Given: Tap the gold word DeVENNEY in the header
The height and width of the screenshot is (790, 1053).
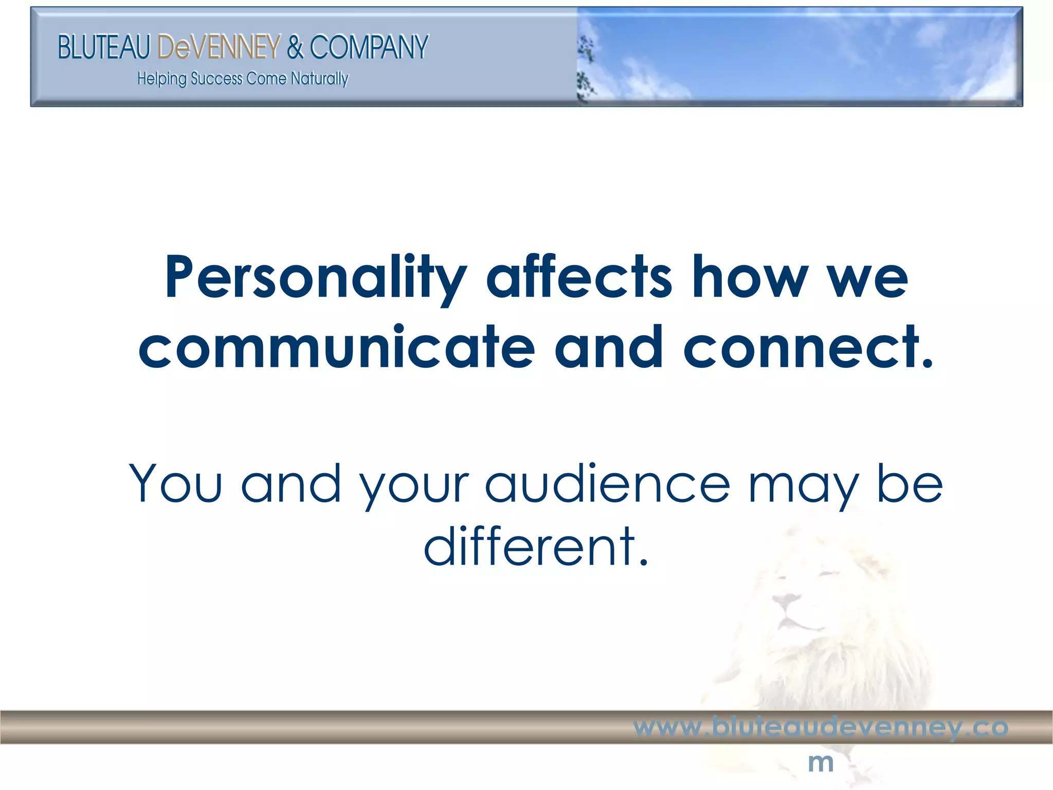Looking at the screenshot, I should pyautogui.click(x=219, y=47).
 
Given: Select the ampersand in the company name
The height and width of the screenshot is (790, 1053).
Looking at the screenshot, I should pyautogui.click(x=295, y=47).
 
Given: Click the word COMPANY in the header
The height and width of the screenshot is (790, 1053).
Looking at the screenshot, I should pyautogui.click(x=369, y=47).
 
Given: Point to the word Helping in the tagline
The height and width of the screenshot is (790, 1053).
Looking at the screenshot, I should pyautogui.click(x=161, y=79).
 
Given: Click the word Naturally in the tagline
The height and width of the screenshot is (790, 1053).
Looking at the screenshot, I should pyautogui.click(x=319, y=79).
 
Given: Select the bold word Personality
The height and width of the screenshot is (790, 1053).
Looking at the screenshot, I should pyautogui.click(x=315, y=278).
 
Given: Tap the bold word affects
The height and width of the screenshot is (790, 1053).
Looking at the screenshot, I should pyautogui.click(x=579, y=278).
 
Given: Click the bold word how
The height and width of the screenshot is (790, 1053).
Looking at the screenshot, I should pyautogui.click(x=750, y=278).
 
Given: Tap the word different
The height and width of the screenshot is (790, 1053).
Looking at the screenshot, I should pyautogui.click(x=536, y=546).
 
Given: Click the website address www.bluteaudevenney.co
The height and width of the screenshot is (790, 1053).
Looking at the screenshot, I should pyautogui.click(x=821, y=727).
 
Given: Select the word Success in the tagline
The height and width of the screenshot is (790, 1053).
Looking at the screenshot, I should pyautogui.click(x=216, y=79).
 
